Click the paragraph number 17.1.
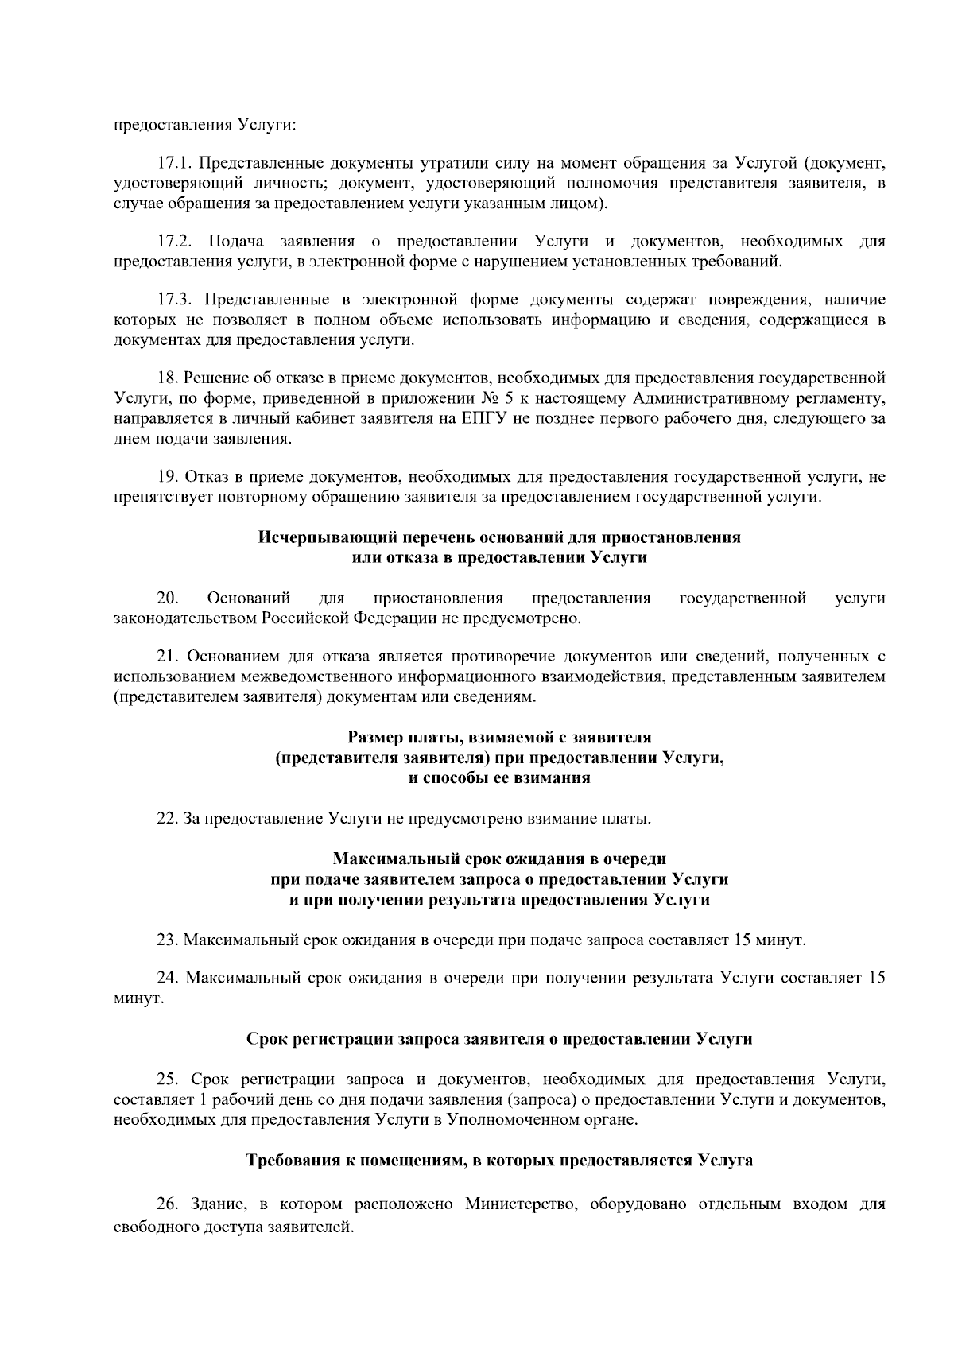click(x=174, y=165)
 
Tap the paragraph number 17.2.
click(x=174, y=242)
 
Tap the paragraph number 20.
click(x=167, y=598)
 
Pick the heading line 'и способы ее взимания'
click(x=499, y=778)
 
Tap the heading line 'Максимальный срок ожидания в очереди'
click(x=499, y=859)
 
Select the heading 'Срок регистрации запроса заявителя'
click(x=499, y=1039)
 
